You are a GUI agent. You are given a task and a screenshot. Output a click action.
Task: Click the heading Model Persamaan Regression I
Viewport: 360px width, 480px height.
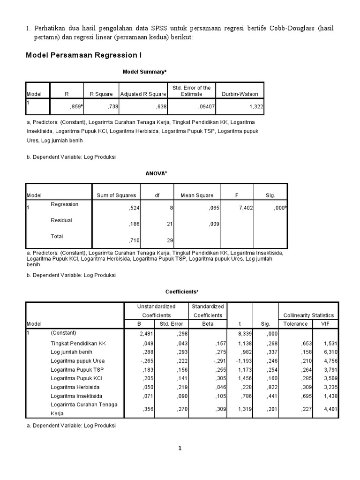click(83, 56)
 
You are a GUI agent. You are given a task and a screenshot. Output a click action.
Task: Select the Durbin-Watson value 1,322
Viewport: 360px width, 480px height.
click(256, 107)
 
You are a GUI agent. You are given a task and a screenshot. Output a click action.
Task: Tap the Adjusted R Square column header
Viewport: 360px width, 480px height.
click(143, 94)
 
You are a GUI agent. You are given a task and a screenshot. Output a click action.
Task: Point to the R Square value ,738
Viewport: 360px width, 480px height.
click(113, 107)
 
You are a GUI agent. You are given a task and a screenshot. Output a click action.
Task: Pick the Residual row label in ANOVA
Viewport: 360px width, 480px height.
click(61, 220)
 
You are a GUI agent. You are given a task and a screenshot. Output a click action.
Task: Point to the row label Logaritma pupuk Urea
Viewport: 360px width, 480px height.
click(77, 361)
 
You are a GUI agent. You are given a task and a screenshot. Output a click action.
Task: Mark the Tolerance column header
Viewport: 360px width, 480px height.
click(296, 324)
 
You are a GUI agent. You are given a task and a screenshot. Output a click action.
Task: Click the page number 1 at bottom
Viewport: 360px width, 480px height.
click(180, 449)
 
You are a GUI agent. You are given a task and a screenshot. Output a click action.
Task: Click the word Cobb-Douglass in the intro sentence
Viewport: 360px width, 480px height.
click(292, 29)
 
